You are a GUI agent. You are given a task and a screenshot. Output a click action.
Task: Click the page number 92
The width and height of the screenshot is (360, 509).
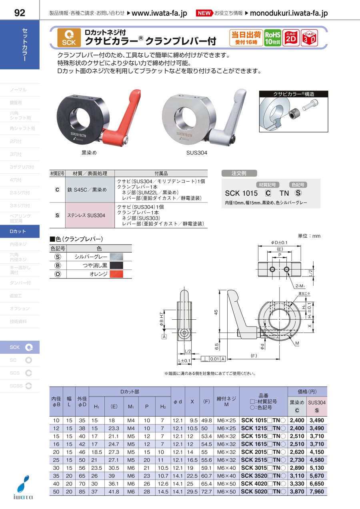(x=19, y=13)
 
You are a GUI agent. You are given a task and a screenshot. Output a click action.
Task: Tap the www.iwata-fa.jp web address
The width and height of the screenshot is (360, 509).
(x=159, y=13)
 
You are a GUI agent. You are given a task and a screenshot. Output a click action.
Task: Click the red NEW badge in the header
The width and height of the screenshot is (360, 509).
(x=204, y=13)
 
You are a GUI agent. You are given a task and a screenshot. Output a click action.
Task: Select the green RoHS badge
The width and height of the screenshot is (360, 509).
(x=273, y=38)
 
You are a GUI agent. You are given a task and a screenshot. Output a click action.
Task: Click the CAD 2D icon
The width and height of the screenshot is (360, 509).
(x=291, y=38)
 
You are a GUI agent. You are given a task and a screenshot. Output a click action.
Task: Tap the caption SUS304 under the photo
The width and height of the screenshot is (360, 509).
(x=197, y=152)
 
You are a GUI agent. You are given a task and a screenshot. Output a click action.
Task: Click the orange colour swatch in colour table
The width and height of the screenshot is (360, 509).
(x=116, y=275)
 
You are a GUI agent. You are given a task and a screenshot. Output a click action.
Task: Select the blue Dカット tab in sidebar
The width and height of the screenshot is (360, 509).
(x=20, y=231)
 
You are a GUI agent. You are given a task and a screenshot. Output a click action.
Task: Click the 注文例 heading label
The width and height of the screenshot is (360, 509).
(x=239, y=173)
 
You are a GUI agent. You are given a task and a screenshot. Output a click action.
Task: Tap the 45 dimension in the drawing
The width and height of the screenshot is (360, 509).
(x=216, y=313)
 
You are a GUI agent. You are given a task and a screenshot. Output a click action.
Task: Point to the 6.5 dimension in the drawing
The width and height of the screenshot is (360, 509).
(x=216, y=345)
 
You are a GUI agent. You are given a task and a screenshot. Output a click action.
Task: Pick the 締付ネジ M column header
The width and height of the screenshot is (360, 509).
(x=226, y=401)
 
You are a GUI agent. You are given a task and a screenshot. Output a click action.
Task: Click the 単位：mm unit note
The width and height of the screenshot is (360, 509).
(x=309, y=236)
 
